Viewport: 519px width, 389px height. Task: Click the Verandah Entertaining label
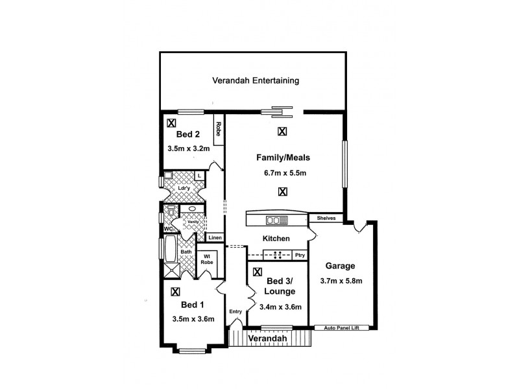(x=256, y=81)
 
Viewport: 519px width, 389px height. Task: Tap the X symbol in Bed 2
(x=171, y=122)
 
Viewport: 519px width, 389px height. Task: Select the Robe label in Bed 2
(x=219, y=129)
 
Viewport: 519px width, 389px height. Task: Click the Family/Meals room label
(x=284, y=158)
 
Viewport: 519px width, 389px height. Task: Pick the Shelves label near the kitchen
(x=326, y=218)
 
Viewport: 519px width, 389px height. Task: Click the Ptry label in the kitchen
(x=299, y=255)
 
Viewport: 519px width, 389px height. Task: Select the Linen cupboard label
(x=215, y=238)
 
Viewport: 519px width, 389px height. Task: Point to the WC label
(x=167, y=229)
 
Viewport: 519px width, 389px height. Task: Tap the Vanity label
(x=193, y=222)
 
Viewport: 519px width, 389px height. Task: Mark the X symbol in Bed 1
(x=175, y=292)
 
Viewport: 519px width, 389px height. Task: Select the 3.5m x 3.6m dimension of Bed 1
(x=193, y=319)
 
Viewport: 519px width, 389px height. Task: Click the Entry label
(x=235, y=312)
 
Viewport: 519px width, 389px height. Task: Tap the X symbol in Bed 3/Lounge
(x=258, y=273)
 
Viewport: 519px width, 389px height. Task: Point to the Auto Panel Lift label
(x=346, y=328)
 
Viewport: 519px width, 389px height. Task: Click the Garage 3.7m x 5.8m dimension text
(x=341, y=281)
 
